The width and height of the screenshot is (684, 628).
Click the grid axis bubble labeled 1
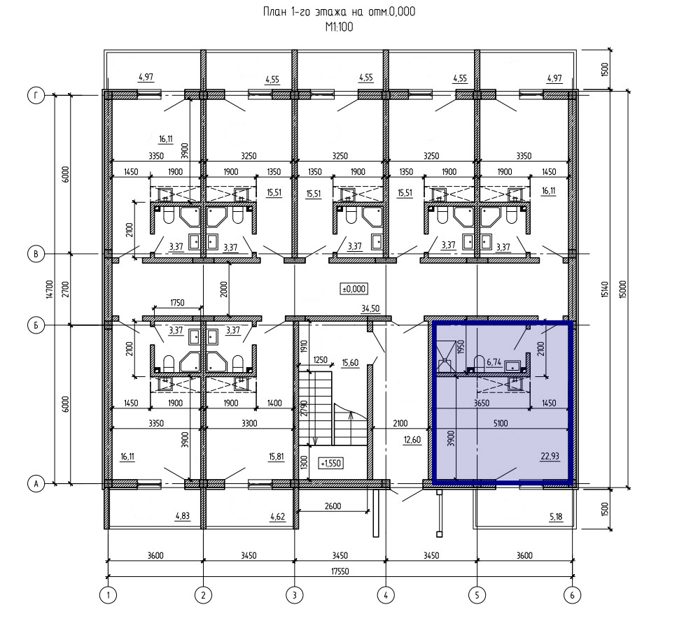pyautogui.click(x=109, y=595)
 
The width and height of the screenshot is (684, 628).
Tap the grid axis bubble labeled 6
pyautogui.click(x=572, y=595)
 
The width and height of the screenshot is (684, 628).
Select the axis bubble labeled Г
pyautogui.click(x=36, y=95)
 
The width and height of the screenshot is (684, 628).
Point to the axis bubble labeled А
pyautogui.click(x=36, y=483)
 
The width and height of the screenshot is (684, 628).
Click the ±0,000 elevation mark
pyautogui.click(x=354, y=289)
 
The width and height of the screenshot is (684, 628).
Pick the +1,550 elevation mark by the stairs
pyautogui.click(x=330, y=463)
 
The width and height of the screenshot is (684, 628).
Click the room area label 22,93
pyautogui.click(x=550, y=456)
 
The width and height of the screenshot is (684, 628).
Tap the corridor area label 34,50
pyautogui.click(x=370, y=308)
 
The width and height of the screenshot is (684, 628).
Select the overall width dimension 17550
pyautogui.click(x=340, y=571)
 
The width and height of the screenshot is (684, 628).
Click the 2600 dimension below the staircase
pyautogui.click(x=333, y=506)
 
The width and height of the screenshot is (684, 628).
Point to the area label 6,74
pyautogui.click(x=494, y=362)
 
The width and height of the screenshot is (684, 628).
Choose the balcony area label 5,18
pyautogui.click(x=556, y=516)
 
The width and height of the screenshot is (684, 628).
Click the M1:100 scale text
pyautogui.click(x=339, y=27)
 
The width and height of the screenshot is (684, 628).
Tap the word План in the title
pyautogui.click(x=274, y=12)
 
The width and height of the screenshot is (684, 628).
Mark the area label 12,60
pyautogui.click(x=412, y=440)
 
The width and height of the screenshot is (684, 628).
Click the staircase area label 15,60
pyautogui.click(x=350, y=362)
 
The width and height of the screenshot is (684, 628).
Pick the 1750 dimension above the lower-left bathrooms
pyautogui.click(x=177, y=302)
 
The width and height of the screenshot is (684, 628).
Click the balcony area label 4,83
pyautogui.click(x=182, y=516)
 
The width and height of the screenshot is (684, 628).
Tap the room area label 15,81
pyautogui.click(x=277, y=456)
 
